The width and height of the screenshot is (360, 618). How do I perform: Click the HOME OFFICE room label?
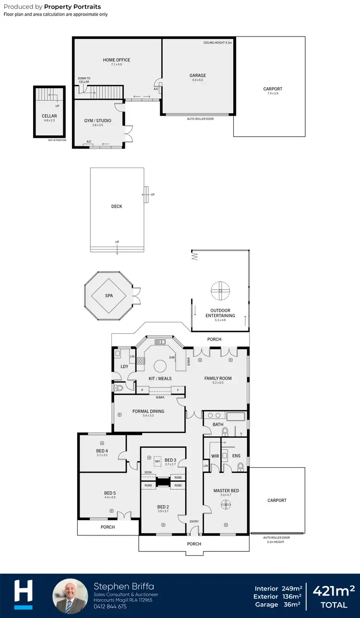tap(117, 60)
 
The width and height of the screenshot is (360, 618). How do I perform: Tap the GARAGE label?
tap(198, 75)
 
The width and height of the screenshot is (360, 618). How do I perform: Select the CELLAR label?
tap(49, 116)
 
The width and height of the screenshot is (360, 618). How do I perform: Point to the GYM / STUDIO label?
tap(97, 120)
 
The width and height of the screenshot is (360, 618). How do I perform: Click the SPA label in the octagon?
tap(109, 296)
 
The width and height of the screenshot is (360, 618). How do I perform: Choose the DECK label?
tap(117, 206)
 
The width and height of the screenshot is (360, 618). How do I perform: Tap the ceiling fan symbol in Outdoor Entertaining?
tap(220, 290)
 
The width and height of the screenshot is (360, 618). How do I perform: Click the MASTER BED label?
tap(226, 490)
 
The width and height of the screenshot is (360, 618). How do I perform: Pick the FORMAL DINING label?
tap(148, 411)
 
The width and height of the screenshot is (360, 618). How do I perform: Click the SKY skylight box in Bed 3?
tap(157, 461)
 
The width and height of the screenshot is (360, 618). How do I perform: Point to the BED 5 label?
tap(110, 493)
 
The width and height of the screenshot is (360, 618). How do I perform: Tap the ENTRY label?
tap(194, 521)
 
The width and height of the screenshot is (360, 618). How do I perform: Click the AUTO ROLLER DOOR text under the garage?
tap(201, 119)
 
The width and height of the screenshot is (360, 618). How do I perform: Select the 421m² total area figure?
tap(334, 591)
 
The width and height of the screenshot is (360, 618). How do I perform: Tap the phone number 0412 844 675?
tap(111, 606)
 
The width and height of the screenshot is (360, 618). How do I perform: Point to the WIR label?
tap(215, 456)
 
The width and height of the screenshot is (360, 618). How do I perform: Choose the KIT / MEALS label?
tap(159, 379)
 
